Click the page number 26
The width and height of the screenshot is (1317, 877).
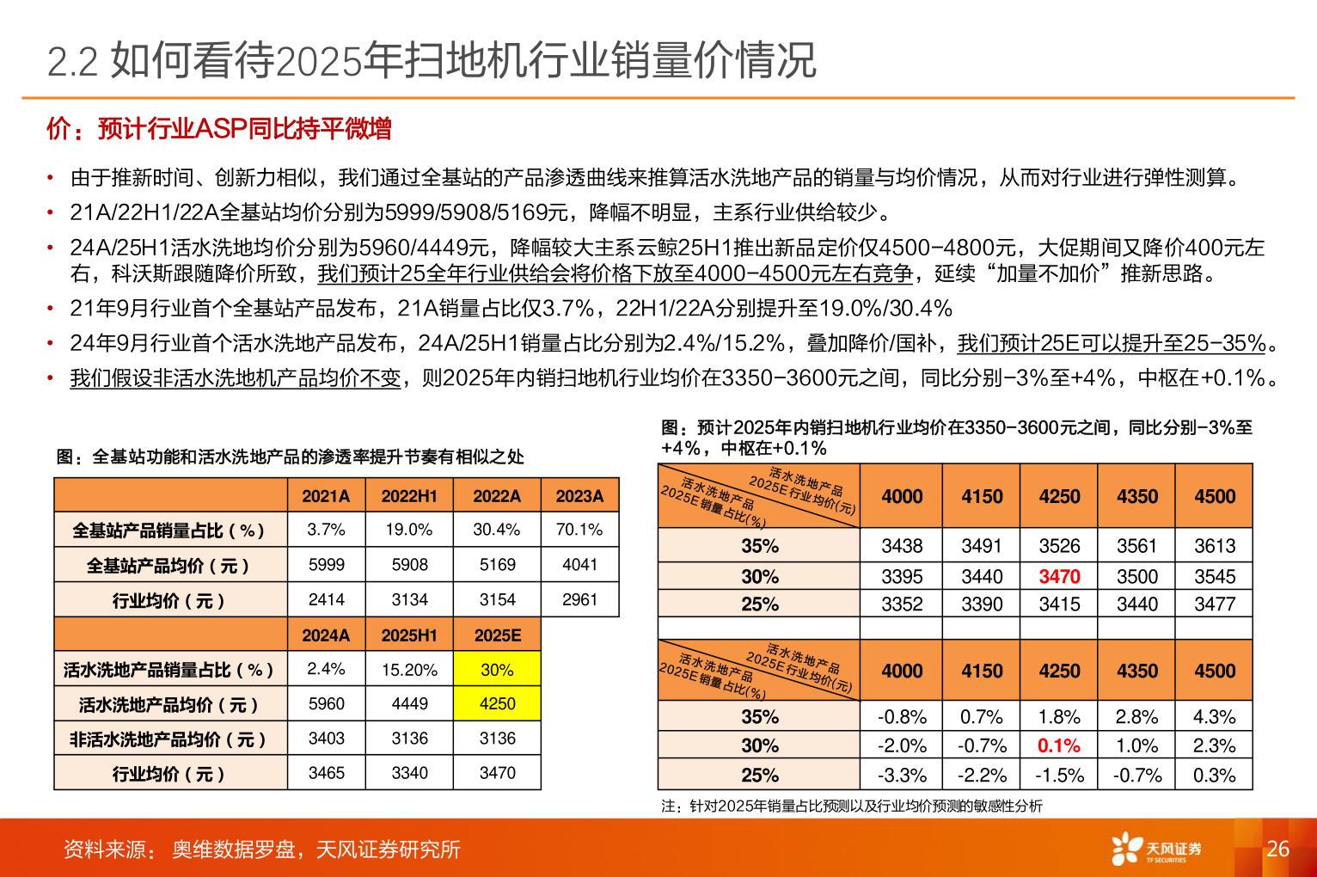[1277, 849]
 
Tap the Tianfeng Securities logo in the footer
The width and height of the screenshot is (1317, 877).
[1155, 849]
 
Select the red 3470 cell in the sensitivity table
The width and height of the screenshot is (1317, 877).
[1059, 576]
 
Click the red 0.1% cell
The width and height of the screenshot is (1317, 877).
[1059, 745]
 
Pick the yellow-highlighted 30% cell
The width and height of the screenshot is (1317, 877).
[497, 669]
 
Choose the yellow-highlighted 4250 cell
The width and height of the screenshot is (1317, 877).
[497, 703]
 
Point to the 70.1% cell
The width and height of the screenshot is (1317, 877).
[579, 530]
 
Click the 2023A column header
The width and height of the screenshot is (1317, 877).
[579, 496]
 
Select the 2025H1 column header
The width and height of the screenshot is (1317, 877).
[409, 635]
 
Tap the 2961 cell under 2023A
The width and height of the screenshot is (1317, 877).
[579, 599]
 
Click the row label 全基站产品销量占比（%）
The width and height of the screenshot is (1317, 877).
[168, 530]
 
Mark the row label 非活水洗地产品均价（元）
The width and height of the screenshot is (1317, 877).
[168, 739]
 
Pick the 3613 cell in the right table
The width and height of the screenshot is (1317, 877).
[1215, 546]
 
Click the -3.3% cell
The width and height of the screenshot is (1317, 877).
[902, 776]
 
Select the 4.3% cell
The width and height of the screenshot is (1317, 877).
[1215, 717]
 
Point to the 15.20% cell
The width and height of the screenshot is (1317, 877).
[409, 669]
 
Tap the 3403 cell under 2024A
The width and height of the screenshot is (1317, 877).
[327, 739]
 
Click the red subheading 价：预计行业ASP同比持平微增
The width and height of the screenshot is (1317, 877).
[219, 129]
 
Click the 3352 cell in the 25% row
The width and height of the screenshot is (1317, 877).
[902, 604]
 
